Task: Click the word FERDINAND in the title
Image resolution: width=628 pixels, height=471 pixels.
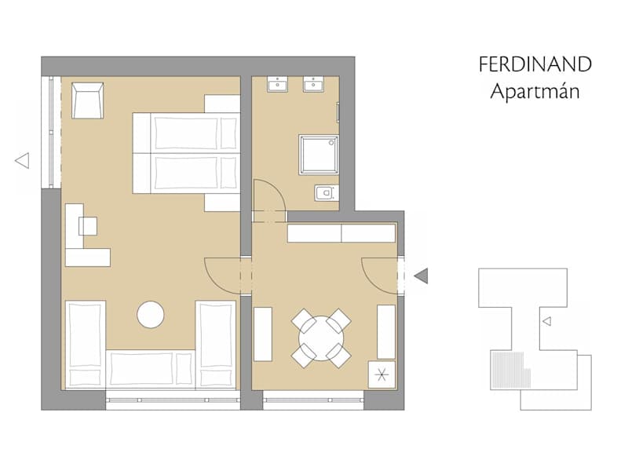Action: pos(535,64)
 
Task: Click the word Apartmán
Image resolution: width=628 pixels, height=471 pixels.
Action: pos(535,92)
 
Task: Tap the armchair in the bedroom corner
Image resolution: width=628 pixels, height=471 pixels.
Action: pos(88,100)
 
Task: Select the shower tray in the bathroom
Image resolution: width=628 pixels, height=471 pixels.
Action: pos(319,155)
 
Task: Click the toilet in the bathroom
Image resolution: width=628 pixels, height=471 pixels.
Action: pos(327,193)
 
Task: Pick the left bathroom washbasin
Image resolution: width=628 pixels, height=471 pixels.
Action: pos(278,85)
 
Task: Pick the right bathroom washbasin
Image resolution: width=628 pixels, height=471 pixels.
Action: pos(313,85)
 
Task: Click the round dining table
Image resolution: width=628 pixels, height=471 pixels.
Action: pos(321,338)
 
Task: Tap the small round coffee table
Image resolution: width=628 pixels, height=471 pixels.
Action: pos(151,315)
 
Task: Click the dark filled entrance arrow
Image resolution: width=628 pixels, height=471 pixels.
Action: pos(422,276)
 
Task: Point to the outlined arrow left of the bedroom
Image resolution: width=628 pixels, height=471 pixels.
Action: pos(22,161)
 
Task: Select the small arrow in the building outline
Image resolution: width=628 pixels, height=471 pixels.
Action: pos(546,321)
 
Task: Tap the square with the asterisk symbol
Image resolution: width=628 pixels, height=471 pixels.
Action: pos(382,375)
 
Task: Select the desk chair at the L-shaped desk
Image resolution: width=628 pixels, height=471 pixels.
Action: pos(88,226)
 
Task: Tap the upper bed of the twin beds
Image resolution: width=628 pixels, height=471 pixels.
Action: pos(186,133)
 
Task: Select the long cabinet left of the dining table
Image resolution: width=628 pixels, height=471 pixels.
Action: pos(263,334)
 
